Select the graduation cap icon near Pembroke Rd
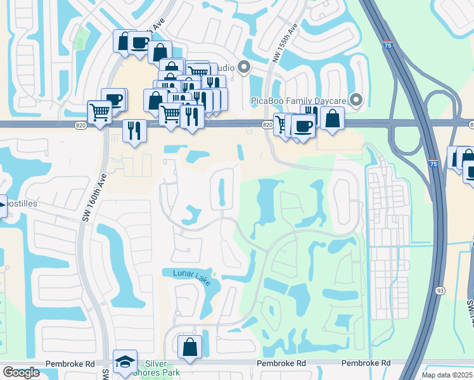pos(125,362)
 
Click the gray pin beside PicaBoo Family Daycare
pos(356,99)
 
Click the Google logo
pos(21,372)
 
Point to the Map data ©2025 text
pos(446,375)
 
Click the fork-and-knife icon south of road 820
pos(134,130)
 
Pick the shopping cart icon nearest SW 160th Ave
pos(100,113)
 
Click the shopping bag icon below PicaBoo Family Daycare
pos(332,118)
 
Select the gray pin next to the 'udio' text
pos(244,68)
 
